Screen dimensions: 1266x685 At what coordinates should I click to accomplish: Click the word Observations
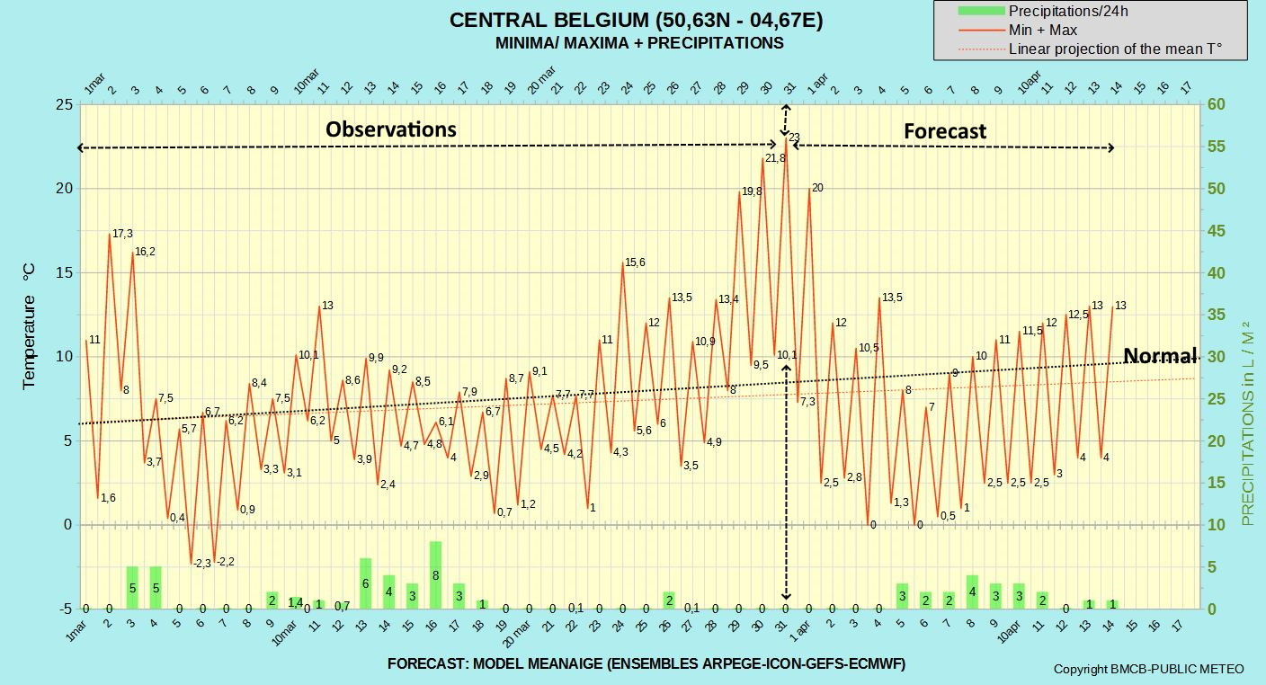click(391, 129)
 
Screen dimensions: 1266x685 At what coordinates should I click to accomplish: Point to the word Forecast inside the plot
click(945, 131)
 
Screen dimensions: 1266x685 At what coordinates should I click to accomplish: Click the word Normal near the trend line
click(1160, 355)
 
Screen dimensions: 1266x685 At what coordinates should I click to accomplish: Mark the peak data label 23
click(794, 138)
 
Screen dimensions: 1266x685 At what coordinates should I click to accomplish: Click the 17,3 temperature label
click(122, 234)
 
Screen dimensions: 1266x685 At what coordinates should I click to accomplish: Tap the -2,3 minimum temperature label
click(201, 564)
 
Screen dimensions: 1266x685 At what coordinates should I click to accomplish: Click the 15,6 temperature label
click(635, 262)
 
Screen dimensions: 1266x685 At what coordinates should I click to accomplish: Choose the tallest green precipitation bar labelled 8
click(435, 575)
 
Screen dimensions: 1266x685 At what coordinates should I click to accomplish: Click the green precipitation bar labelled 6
click(366, 583)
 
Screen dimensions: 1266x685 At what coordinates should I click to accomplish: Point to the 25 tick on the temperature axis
click(65, 104)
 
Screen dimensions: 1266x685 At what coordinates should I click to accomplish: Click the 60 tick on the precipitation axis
click(1217, 104)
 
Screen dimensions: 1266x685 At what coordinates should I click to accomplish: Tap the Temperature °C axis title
click(28, 326)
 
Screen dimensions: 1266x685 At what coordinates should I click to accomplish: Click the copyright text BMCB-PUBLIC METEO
click(1148, 669)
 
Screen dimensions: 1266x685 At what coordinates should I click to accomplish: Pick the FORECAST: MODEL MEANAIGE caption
click(646, 663)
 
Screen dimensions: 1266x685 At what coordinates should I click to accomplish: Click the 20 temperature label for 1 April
click(817, 188)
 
